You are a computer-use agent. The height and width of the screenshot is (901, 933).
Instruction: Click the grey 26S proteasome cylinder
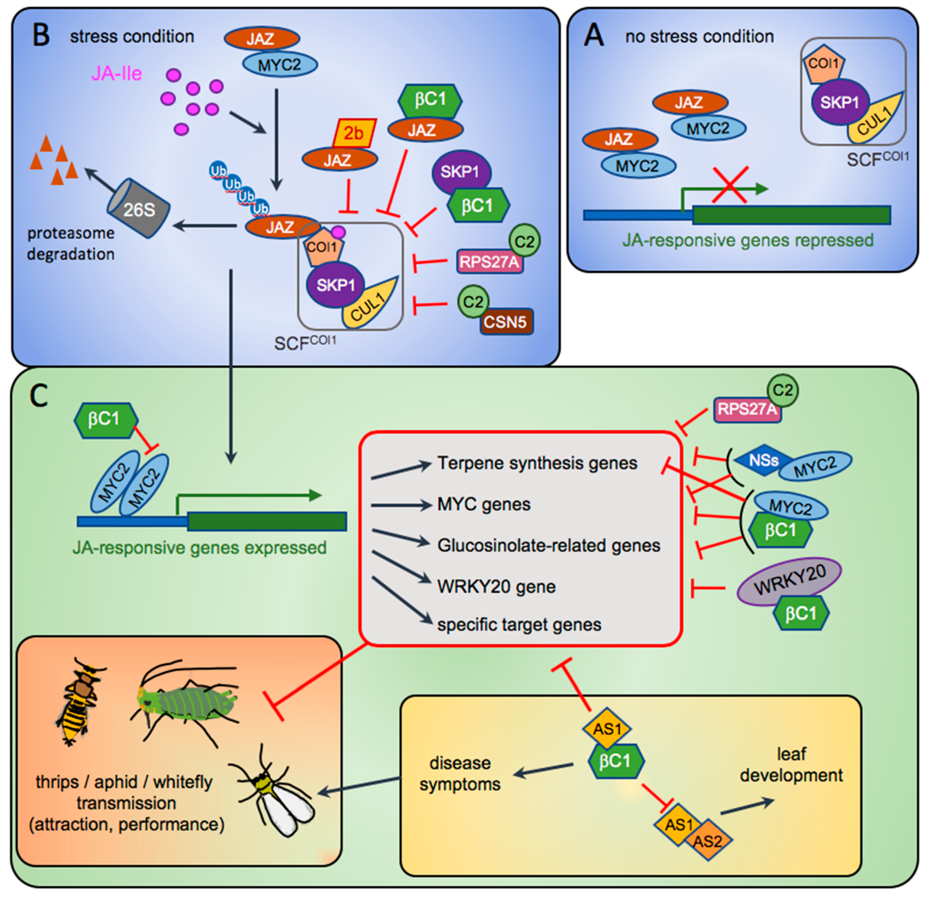(x=138, y=209)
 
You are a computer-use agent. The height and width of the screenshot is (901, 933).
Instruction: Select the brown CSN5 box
(x=505, y=322)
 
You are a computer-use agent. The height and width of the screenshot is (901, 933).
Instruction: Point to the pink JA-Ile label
(x=116, y=74)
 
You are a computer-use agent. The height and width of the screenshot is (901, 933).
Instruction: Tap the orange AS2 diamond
(x=707, y=840)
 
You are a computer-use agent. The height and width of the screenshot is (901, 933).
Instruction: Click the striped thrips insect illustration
(x=79, y=700)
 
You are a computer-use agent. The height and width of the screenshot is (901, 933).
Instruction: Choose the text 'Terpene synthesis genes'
(x=537, y=463)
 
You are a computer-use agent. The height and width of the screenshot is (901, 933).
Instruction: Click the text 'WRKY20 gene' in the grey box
(x=496, y=586)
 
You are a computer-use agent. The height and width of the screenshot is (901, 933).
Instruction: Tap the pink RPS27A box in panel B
(x=489, y=262)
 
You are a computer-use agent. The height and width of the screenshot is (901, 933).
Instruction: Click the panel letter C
(x=39, y=396)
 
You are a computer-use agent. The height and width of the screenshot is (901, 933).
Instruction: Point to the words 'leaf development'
(x=791, y=764)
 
